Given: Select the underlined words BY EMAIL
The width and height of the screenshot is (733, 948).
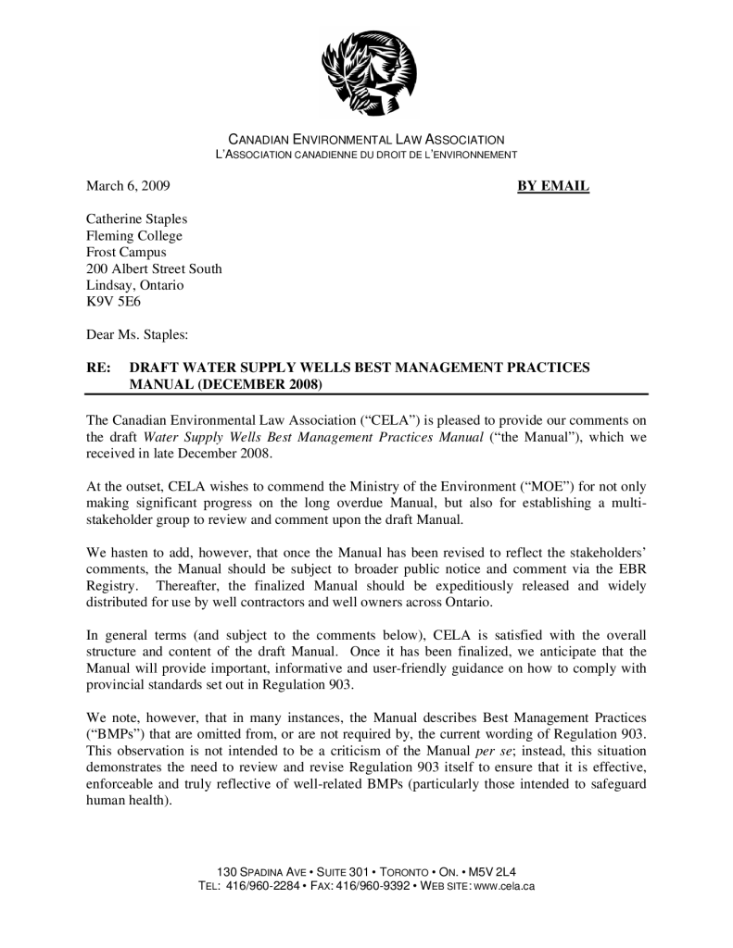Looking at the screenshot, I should (x=552, y=186).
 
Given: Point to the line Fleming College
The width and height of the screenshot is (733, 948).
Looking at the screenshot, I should (x=134, y=236).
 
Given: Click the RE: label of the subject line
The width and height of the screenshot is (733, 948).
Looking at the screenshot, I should (x=99, y=368).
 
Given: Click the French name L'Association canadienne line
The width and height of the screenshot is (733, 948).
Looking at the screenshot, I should (x=366, y=154).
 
